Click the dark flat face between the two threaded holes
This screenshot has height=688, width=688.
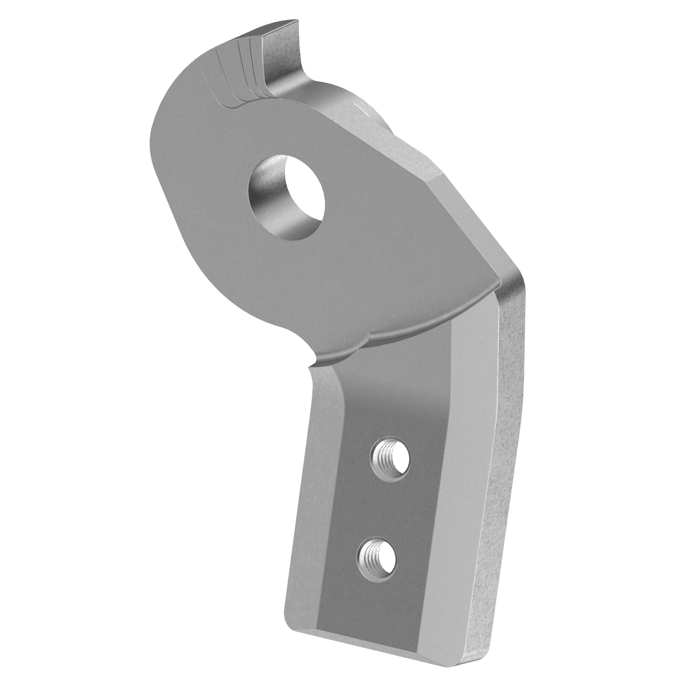point(384,505)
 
